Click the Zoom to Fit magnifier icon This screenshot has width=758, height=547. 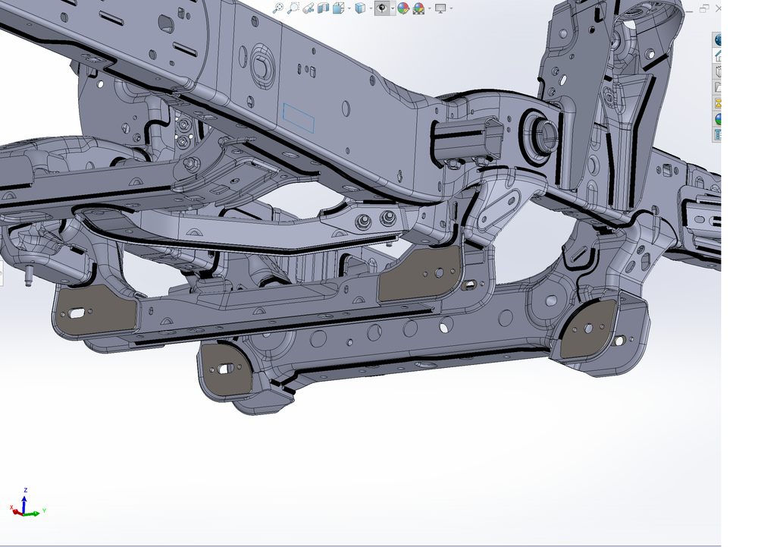tap(278, 8)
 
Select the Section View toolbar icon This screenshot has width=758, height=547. tap(324, 8)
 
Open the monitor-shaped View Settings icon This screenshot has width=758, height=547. tap(440, 8)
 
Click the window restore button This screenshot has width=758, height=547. tap(703, 8)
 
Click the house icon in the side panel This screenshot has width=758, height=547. tap(717, 55)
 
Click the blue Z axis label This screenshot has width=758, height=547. tap(25, 491)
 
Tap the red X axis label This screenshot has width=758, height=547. tap(11, 507)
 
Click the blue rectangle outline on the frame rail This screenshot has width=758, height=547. tap(299, 118)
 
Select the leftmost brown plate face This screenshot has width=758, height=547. tap(95, 311)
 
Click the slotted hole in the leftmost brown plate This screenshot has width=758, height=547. tap(77, 312)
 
